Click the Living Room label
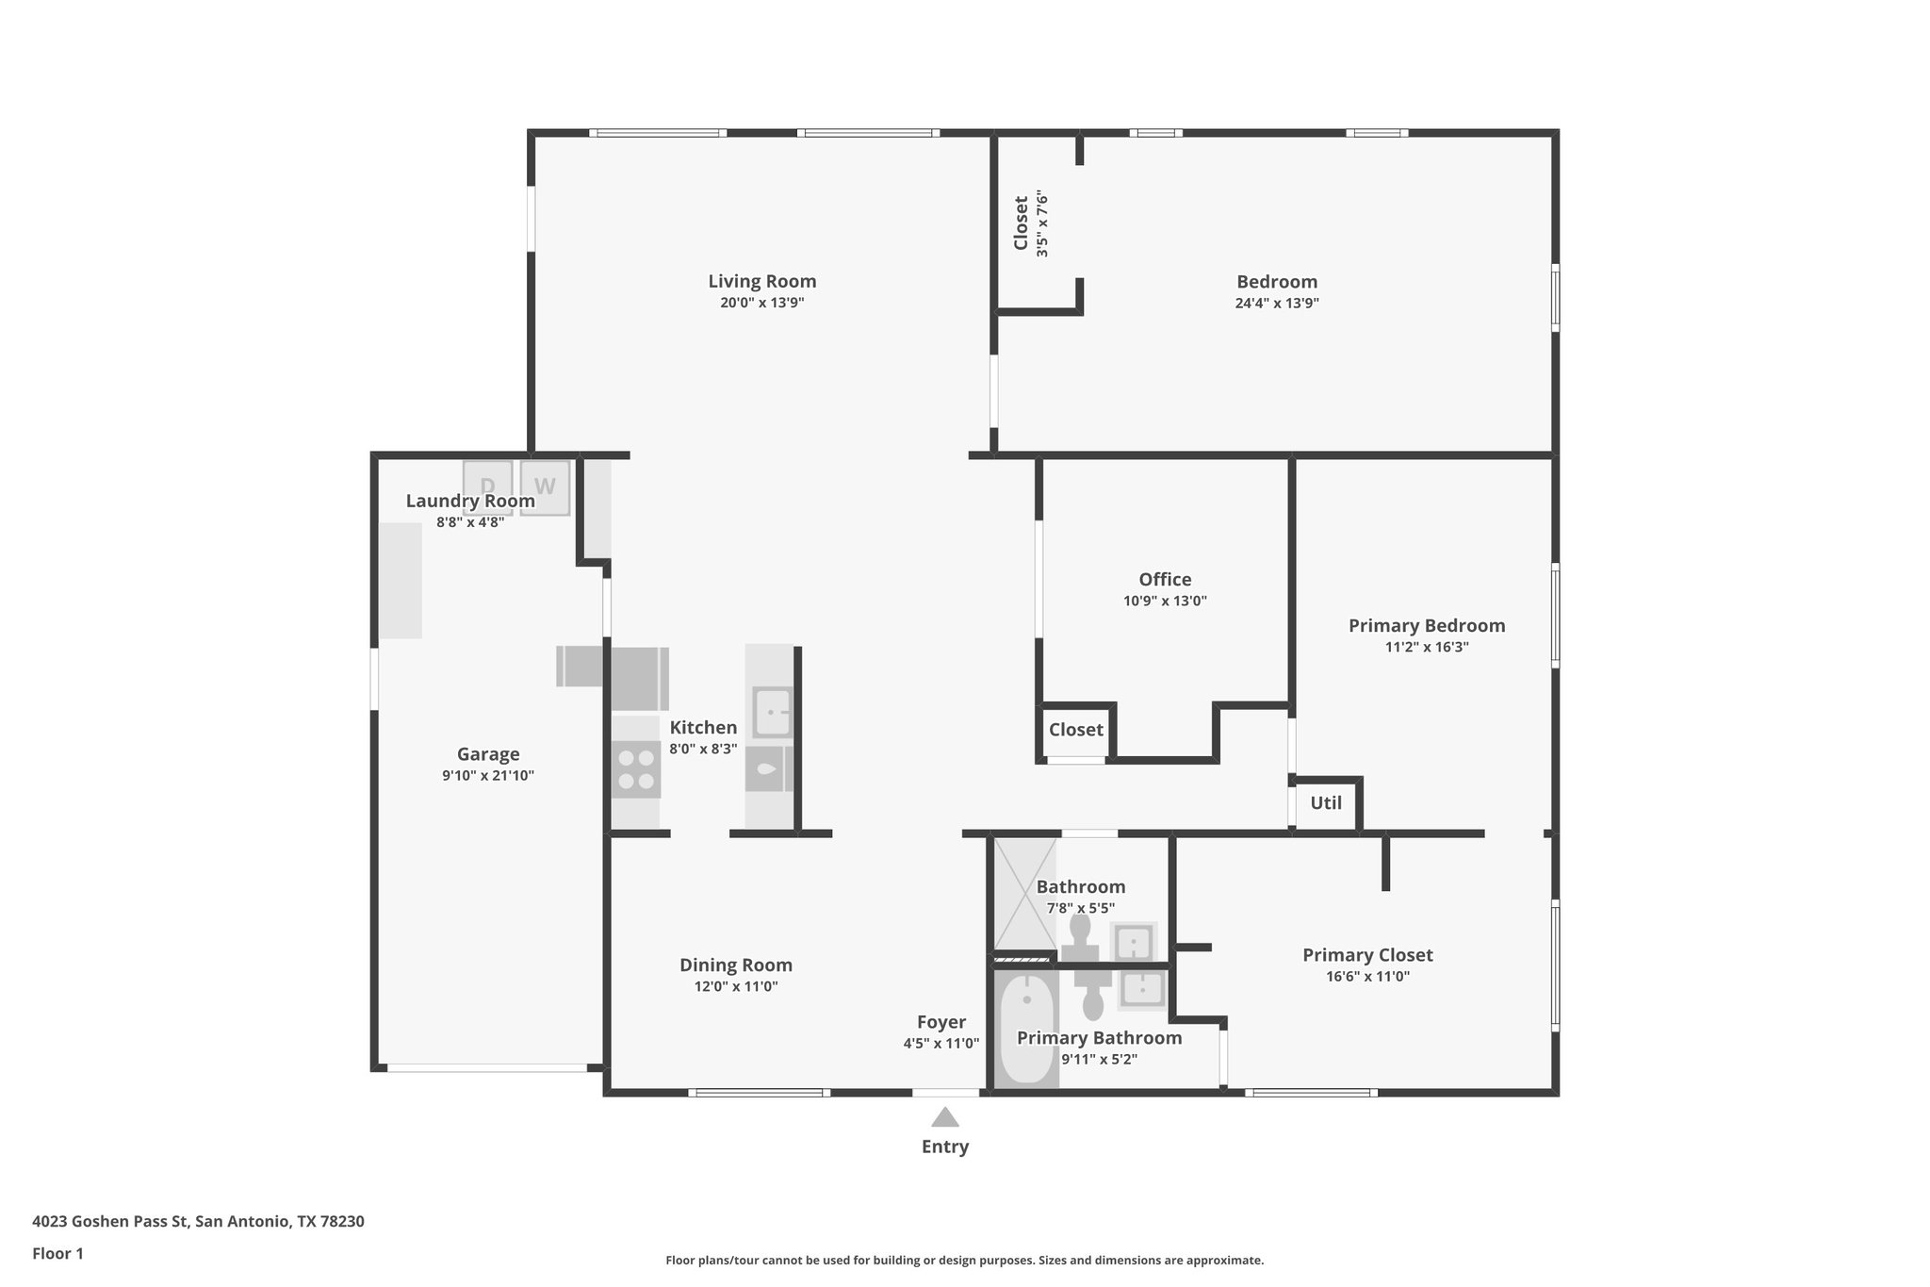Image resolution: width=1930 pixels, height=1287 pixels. point(761,281)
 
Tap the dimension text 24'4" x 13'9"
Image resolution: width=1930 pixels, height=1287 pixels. point(1276,304)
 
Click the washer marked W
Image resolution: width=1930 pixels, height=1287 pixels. point(545,487)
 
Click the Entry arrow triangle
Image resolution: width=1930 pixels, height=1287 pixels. point(944,1117)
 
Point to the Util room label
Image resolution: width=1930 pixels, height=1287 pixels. point(1325,803)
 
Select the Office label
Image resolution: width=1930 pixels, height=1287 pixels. point(1165,580)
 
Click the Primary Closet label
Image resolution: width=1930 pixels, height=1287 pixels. point(1367,955)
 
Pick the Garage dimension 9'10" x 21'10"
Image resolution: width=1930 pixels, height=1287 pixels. point(488,776)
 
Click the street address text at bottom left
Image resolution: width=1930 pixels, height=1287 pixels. point(198,1221)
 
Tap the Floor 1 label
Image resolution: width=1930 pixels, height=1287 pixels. point(57,1253)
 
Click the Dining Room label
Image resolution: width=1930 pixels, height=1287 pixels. point(735,965)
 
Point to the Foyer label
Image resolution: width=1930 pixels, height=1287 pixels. point(940,1022)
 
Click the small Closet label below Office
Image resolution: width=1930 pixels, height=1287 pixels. point(1075,730)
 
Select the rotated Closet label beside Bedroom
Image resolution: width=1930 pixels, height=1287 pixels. point(1021,223)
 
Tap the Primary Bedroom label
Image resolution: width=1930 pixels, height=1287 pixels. point(1426,626)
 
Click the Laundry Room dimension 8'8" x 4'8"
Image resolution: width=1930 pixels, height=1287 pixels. point(470,522)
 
